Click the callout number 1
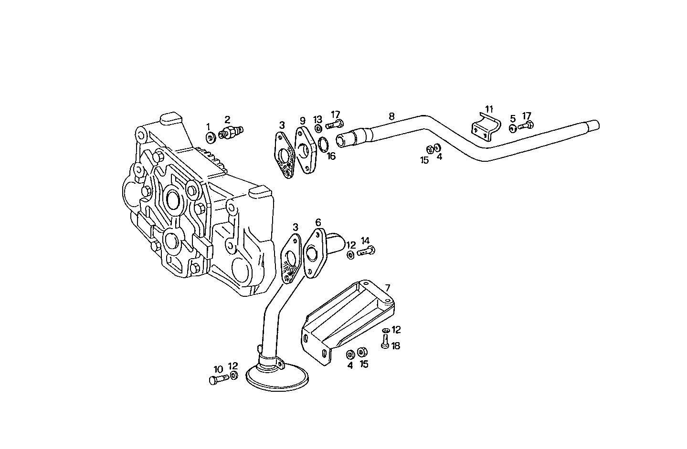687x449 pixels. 208,126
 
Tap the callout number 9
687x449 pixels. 302,120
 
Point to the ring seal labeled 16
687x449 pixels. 323,143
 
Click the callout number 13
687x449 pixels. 318,119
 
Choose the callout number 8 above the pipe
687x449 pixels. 391,116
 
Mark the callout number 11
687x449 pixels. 489,109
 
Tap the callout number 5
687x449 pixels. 513,118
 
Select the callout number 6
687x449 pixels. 318,222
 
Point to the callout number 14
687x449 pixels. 365,240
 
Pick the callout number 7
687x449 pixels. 387,288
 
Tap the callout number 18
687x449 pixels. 396,346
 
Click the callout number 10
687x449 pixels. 218,369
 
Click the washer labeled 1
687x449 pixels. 210,138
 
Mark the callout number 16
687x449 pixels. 331,156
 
